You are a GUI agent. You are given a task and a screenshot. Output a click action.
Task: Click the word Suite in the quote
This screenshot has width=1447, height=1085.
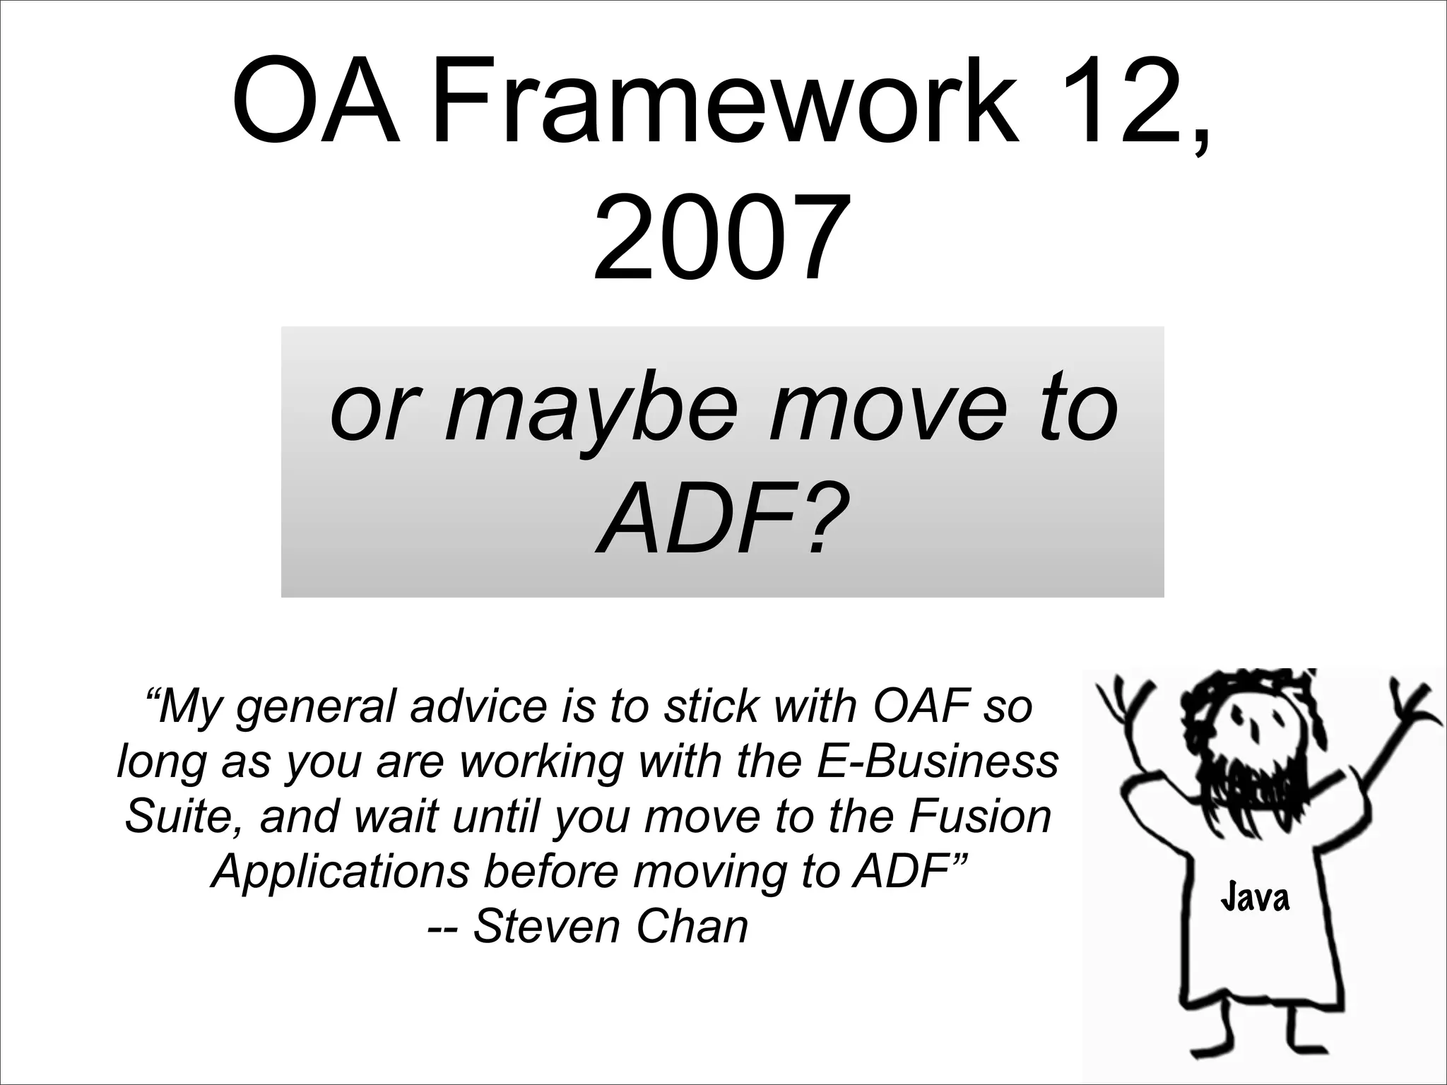[x=183, y=816]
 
